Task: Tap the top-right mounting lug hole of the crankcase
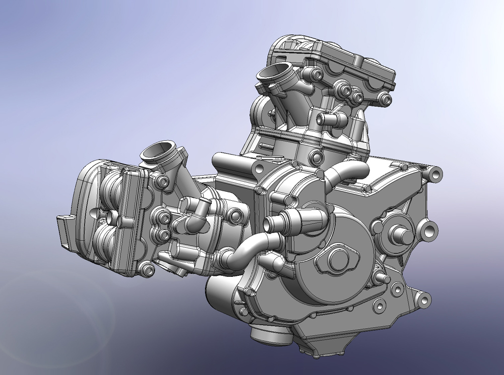[x=435, y=174]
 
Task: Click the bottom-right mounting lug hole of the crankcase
[x=422, y=301]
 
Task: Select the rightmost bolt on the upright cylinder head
[x=387, y=100]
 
